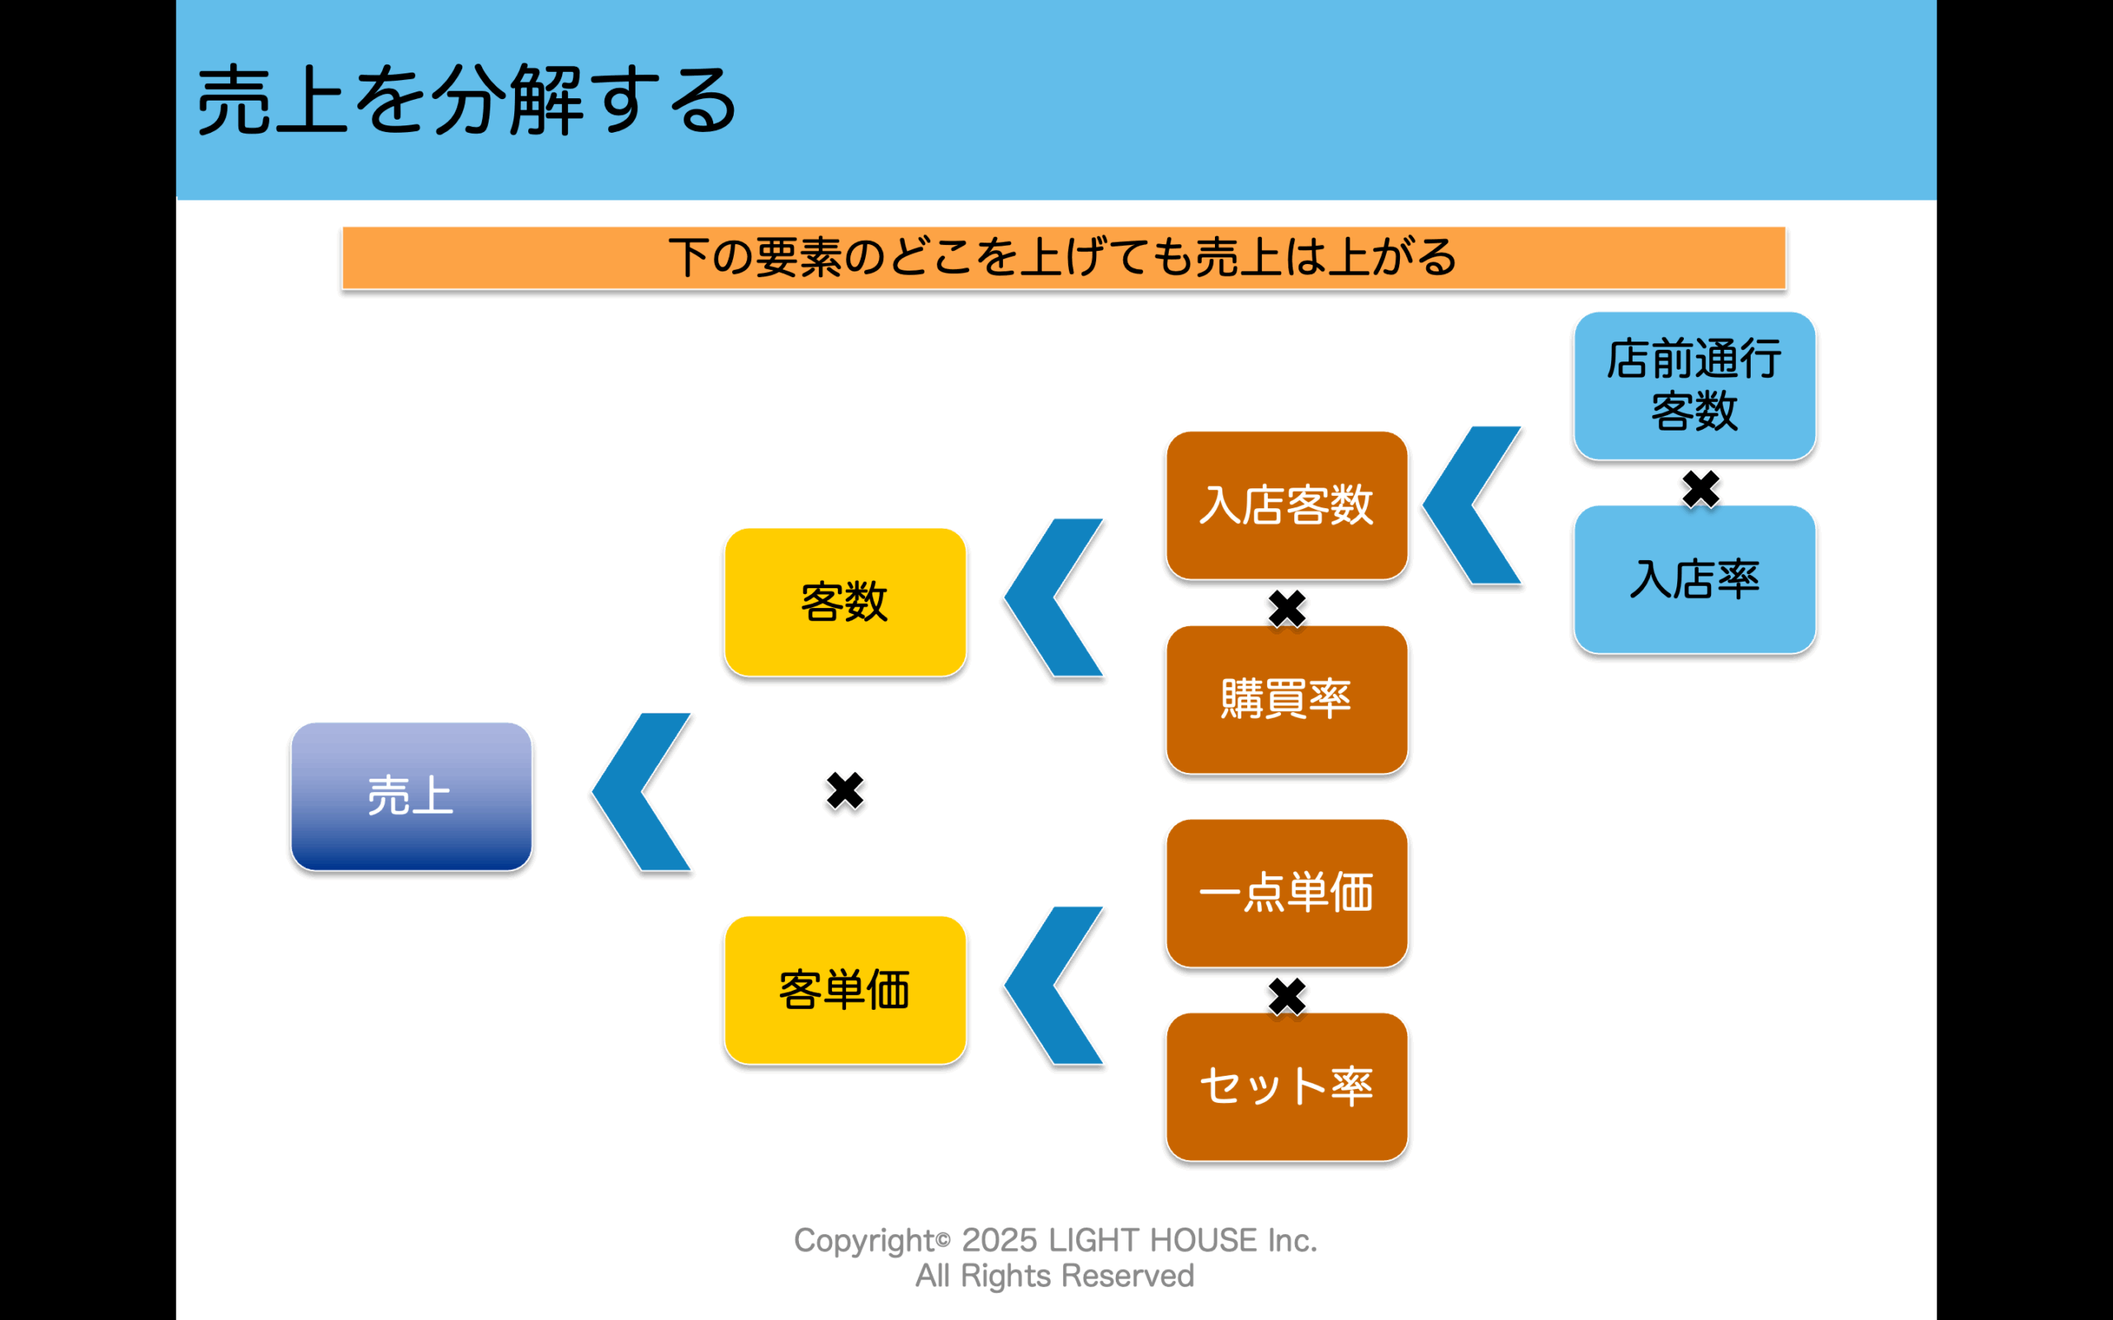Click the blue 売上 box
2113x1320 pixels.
(x=411, y=795)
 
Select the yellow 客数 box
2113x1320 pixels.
(x=844, y=601)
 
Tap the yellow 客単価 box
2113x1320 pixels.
(x=844, y=989)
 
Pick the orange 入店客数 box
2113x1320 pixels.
(x=1286, y=505)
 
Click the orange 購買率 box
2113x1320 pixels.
(x=1286, y=699)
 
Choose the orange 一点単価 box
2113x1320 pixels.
(x=1286, y=892)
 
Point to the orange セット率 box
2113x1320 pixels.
(x=1286, y=1086)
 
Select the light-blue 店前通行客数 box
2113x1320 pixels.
(x=1694, y=385)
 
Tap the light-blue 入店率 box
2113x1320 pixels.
(x=1694, y=579)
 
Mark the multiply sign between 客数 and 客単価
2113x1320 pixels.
(x=844, y=791)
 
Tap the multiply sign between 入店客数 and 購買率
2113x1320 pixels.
(x=1286, y=609)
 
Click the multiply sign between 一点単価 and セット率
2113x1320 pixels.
(x=1286, y=996)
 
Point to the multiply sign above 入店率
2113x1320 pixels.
(x=1700, y=489)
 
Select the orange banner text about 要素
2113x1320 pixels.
(x=1062, y=257)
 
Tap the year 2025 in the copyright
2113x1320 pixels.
(x=999, y=1240)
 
